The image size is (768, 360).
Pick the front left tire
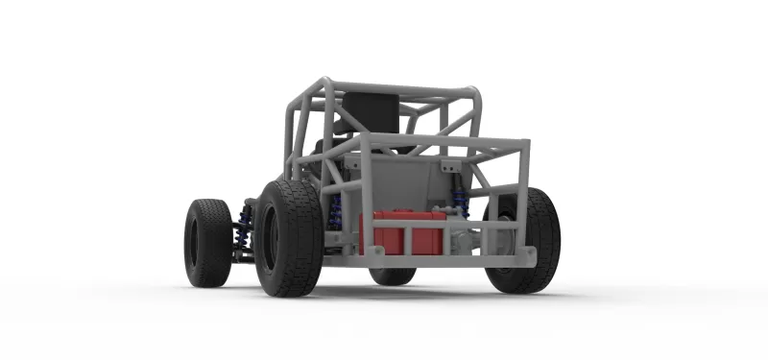(207, 242)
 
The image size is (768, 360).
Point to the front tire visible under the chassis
(393, 276)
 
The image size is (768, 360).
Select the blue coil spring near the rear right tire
(460, 201)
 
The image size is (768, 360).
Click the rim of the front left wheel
(194, 243)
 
